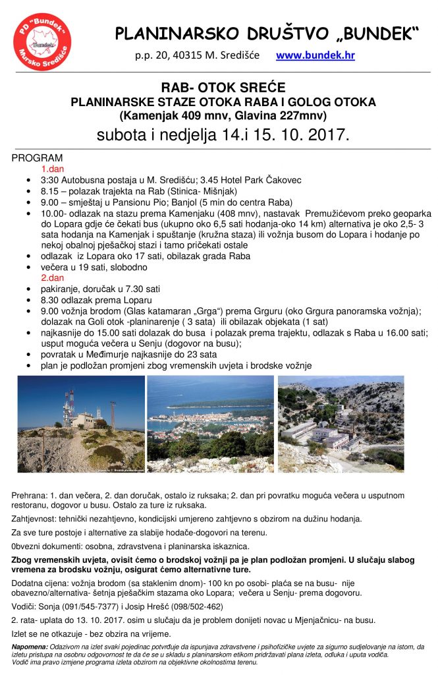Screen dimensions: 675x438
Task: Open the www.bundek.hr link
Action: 315,55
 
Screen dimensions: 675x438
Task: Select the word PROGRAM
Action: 38,158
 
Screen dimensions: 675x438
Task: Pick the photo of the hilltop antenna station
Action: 81,423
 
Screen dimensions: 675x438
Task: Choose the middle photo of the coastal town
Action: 210,423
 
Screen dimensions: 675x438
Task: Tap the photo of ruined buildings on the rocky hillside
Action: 341,423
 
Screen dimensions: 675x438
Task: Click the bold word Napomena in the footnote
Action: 30,647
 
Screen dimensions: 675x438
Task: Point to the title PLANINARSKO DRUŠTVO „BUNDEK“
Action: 267,33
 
